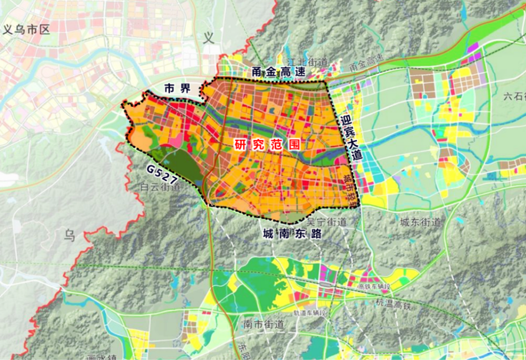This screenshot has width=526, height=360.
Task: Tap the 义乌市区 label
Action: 26,29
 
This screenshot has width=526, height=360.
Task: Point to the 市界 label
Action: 177,88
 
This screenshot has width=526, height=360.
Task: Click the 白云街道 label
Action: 161,187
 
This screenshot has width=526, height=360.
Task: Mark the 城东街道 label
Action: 420,222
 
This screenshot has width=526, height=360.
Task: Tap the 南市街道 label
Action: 264,325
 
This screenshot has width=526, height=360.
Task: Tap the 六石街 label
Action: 514,96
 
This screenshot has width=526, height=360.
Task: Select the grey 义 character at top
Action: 209,38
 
